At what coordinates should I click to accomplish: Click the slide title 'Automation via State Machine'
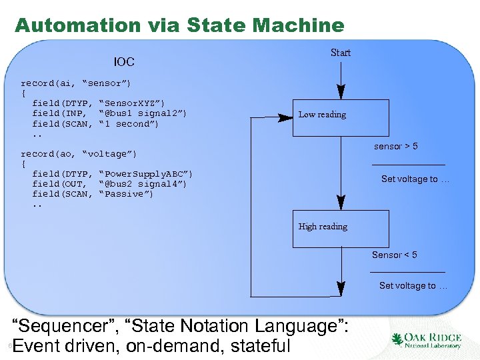point(179,25)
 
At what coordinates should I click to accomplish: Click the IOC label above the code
point(124,62)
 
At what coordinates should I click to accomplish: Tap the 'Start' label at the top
point(341,53)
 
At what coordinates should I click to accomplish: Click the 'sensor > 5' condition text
point(395,146)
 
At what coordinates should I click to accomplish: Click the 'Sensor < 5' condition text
point(395,255)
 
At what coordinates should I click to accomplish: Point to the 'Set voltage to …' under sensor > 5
point(415,179)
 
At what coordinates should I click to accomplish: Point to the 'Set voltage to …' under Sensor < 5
point(413,285)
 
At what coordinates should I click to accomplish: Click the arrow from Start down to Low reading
point(341,80)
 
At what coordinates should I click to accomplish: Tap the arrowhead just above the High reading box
point(341,205)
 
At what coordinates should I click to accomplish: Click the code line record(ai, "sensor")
point(75,83)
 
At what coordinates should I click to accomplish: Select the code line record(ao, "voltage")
point(78,154)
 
